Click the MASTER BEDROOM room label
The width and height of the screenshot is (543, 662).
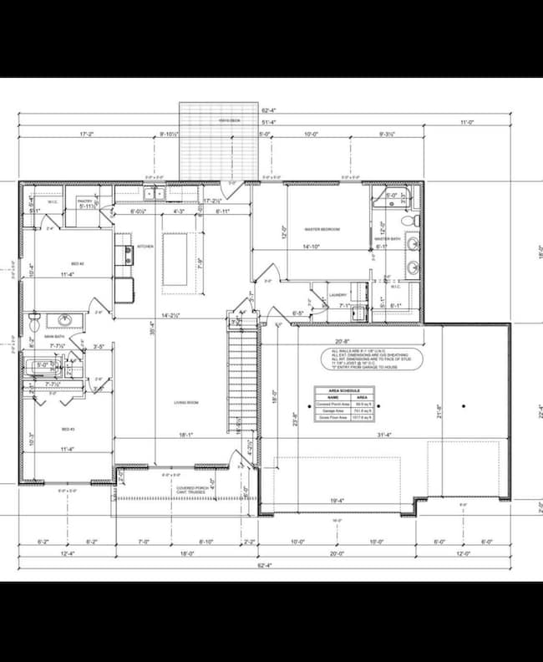coord(322,228)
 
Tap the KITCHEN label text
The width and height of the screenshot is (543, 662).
coord(145,247)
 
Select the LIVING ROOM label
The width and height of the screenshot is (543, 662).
coord(185,403)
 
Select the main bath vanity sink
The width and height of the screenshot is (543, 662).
coord(60,319)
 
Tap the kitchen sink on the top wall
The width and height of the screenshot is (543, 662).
coord(154,194)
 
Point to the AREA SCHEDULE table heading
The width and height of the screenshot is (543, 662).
coord(343,391)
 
